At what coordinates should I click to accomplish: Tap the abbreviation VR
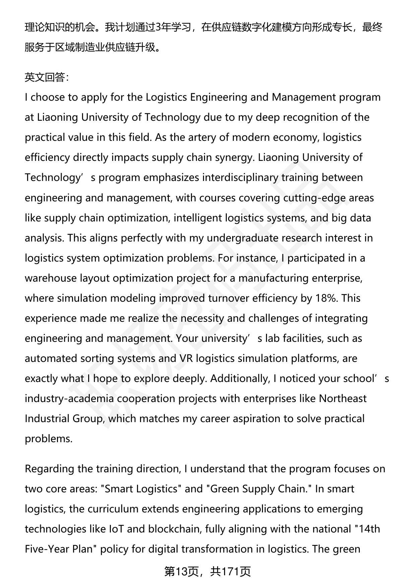click(x=186, y=358)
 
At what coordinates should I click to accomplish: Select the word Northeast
click(x=342, y=398)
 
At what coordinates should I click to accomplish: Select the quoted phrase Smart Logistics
click(x=141, y=489)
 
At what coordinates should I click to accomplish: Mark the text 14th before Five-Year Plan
click(x=369, y=529)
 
